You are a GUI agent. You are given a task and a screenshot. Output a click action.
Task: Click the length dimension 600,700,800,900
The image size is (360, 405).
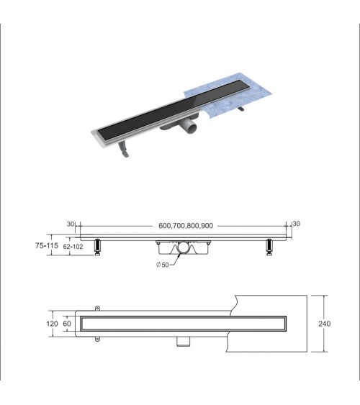(x=185, y=225)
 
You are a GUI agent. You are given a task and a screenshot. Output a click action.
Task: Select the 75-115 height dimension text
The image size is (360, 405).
(x=47, y=245)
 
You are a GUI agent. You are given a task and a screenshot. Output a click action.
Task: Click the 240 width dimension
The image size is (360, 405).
(x=324, y=324)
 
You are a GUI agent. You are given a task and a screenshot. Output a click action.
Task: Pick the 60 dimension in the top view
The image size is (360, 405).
(x=68, y=324)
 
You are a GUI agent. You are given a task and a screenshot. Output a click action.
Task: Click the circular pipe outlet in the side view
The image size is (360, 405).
(x=183, y=248)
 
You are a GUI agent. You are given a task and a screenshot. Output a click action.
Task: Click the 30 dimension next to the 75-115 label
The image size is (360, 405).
(x=71, y=224)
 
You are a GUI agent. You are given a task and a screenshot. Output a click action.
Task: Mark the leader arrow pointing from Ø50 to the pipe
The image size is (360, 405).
(x=174, y=260)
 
